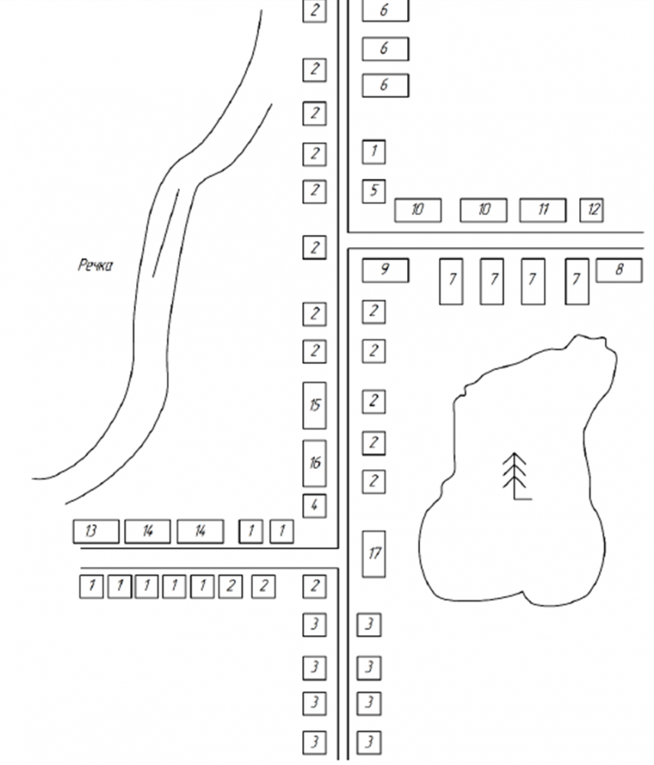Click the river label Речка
point(96,266)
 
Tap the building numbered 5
point(373,190)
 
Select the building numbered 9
point(385,270)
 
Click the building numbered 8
point(619,270)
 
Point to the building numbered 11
point(543,210)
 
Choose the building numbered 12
point(592,210)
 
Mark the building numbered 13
point(96,531)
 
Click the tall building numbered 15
point(314,405)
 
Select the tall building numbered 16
point(314,463)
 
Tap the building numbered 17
point(373,553)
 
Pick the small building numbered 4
point(314,506)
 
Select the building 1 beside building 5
point(373,151)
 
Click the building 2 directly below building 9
point(373,311)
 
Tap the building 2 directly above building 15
point(314,352)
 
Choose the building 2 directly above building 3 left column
point(314,586)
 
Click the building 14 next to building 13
point(148,531)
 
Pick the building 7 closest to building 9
point(451,281)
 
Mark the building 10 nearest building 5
point(418,210)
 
